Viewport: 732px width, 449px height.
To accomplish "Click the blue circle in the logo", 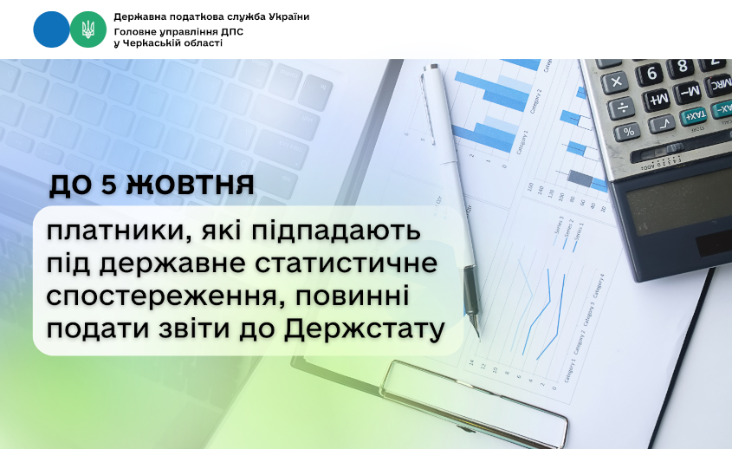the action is pyautogui.click(x=51, y=29).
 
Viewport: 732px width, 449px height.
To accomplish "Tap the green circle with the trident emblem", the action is pyautogui.click(x=87, y=29).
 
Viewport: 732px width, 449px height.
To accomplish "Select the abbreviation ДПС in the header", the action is pyautogui.click(x=232, y=32).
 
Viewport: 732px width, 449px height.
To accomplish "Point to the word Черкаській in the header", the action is pyautogui.click(x=152, y=43).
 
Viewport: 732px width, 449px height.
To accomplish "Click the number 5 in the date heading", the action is pyautogui.click(x=108, y=185).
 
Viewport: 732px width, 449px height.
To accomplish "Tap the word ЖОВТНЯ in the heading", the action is pyautogui.click(x=190, y=185).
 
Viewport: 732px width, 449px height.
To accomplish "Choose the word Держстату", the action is pyautogui.click(x=364, y=329).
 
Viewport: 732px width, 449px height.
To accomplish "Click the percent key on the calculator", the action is pyautogui.click(x=628, y=131).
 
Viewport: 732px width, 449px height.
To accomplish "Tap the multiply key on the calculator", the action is pyautogui.click(x=616, y=82).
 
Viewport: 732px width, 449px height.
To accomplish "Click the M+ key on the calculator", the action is pyautogui.click(x=657, y=99).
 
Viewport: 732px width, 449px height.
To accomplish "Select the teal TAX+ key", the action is pyautogui.click(x=693, y=114).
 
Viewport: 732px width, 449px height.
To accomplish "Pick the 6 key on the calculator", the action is pyautogui.click(x=651, y=73).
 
